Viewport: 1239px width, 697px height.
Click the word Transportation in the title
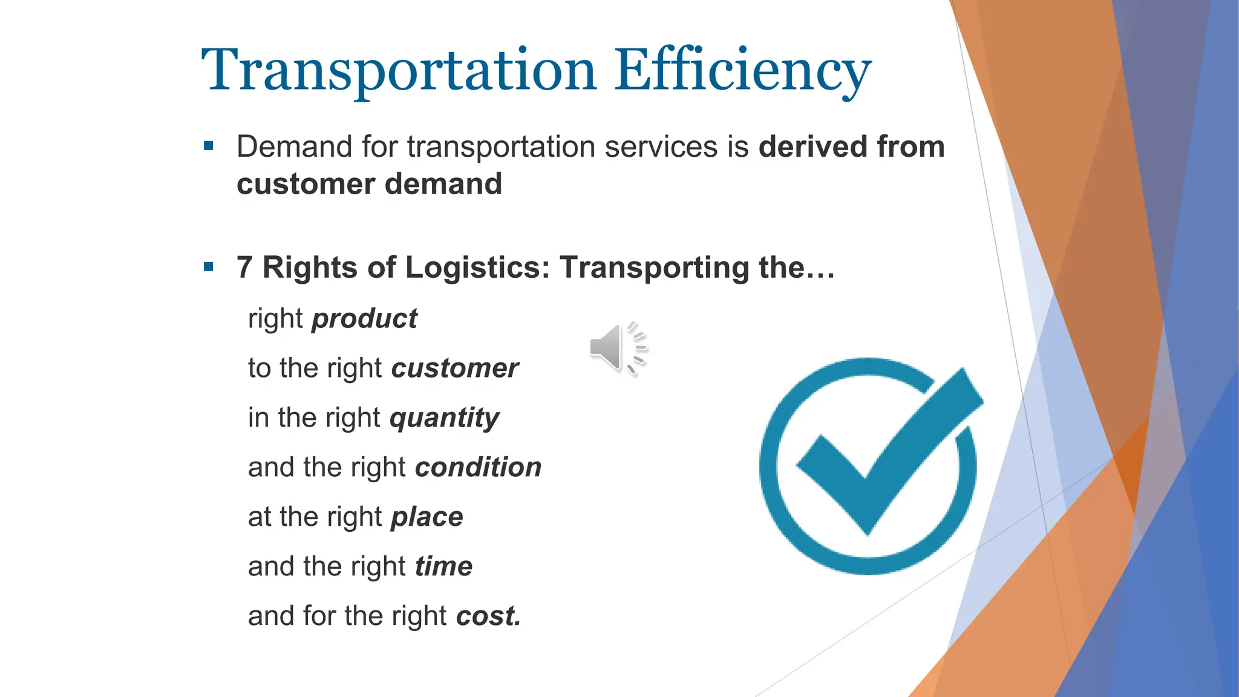coord(399,71)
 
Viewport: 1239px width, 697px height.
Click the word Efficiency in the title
coord(742,71)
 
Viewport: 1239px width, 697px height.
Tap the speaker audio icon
coord(617,348)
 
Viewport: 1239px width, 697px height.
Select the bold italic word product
coord(364,319)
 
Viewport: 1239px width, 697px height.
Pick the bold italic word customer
coord(455,368)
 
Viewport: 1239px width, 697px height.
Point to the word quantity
coord(445,418)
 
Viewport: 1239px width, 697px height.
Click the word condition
coord(479,468)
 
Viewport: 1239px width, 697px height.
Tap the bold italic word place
coord(427,517)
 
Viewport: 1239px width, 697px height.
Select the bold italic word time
coord(443,567)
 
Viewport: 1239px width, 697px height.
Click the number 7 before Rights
coord(244,267)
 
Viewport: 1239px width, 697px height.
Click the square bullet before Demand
coord(209,146)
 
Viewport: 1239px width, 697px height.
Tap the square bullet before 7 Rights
coord(209,267)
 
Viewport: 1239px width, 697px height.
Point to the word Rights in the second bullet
coord(310,267)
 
